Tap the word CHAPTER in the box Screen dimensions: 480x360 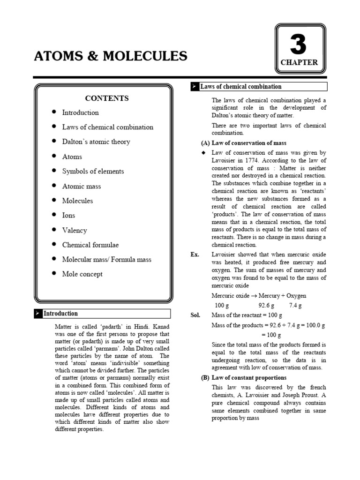pyautogui.click(x=299, y=62)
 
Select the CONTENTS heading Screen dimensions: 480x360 pyautogui.click(x=107, y=98)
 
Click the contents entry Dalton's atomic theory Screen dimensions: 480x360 pyautogui.click(x=96, y=142)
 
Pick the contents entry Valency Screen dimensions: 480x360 pyautogui.click(x=75, y=230)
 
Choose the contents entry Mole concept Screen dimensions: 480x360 pyautogui.click(x=82, y=274)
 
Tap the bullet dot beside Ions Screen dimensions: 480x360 pyautogui.click(x=54, y=215)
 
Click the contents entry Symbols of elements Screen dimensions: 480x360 pyautogui.click(x=93, y=171)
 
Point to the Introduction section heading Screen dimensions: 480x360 pyautogui.click(x=60, y=314)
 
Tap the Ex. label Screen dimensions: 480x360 pyautogui.click(x=195, y=255)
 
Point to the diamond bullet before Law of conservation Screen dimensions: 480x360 pyautogui.click(x=203, y=153)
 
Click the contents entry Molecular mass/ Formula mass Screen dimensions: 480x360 pyautogui.click(x=107, y=259)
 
